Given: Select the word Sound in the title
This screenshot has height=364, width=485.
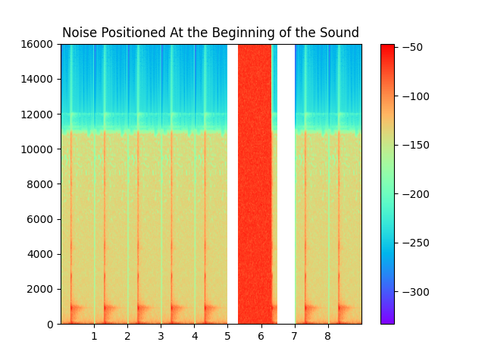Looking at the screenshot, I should pos(341,33).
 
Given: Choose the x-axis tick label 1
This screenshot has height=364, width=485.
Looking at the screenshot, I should pos(94,336).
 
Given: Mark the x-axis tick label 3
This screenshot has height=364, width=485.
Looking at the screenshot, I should pos(161,336).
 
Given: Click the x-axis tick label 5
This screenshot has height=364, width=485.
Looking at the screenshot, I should pos(227,336).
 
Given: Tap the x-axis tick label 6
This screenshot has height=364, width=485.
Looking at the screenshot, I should pos(261,336).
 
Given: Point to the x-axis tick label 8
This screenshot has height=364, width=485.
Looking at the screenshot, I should pos(327,336).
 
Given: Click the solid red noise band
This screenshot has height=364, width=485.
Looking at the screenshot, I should pos(255,182).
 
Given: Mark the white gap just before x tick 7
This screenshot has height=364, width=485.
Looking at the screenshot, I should pos(286,182).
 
